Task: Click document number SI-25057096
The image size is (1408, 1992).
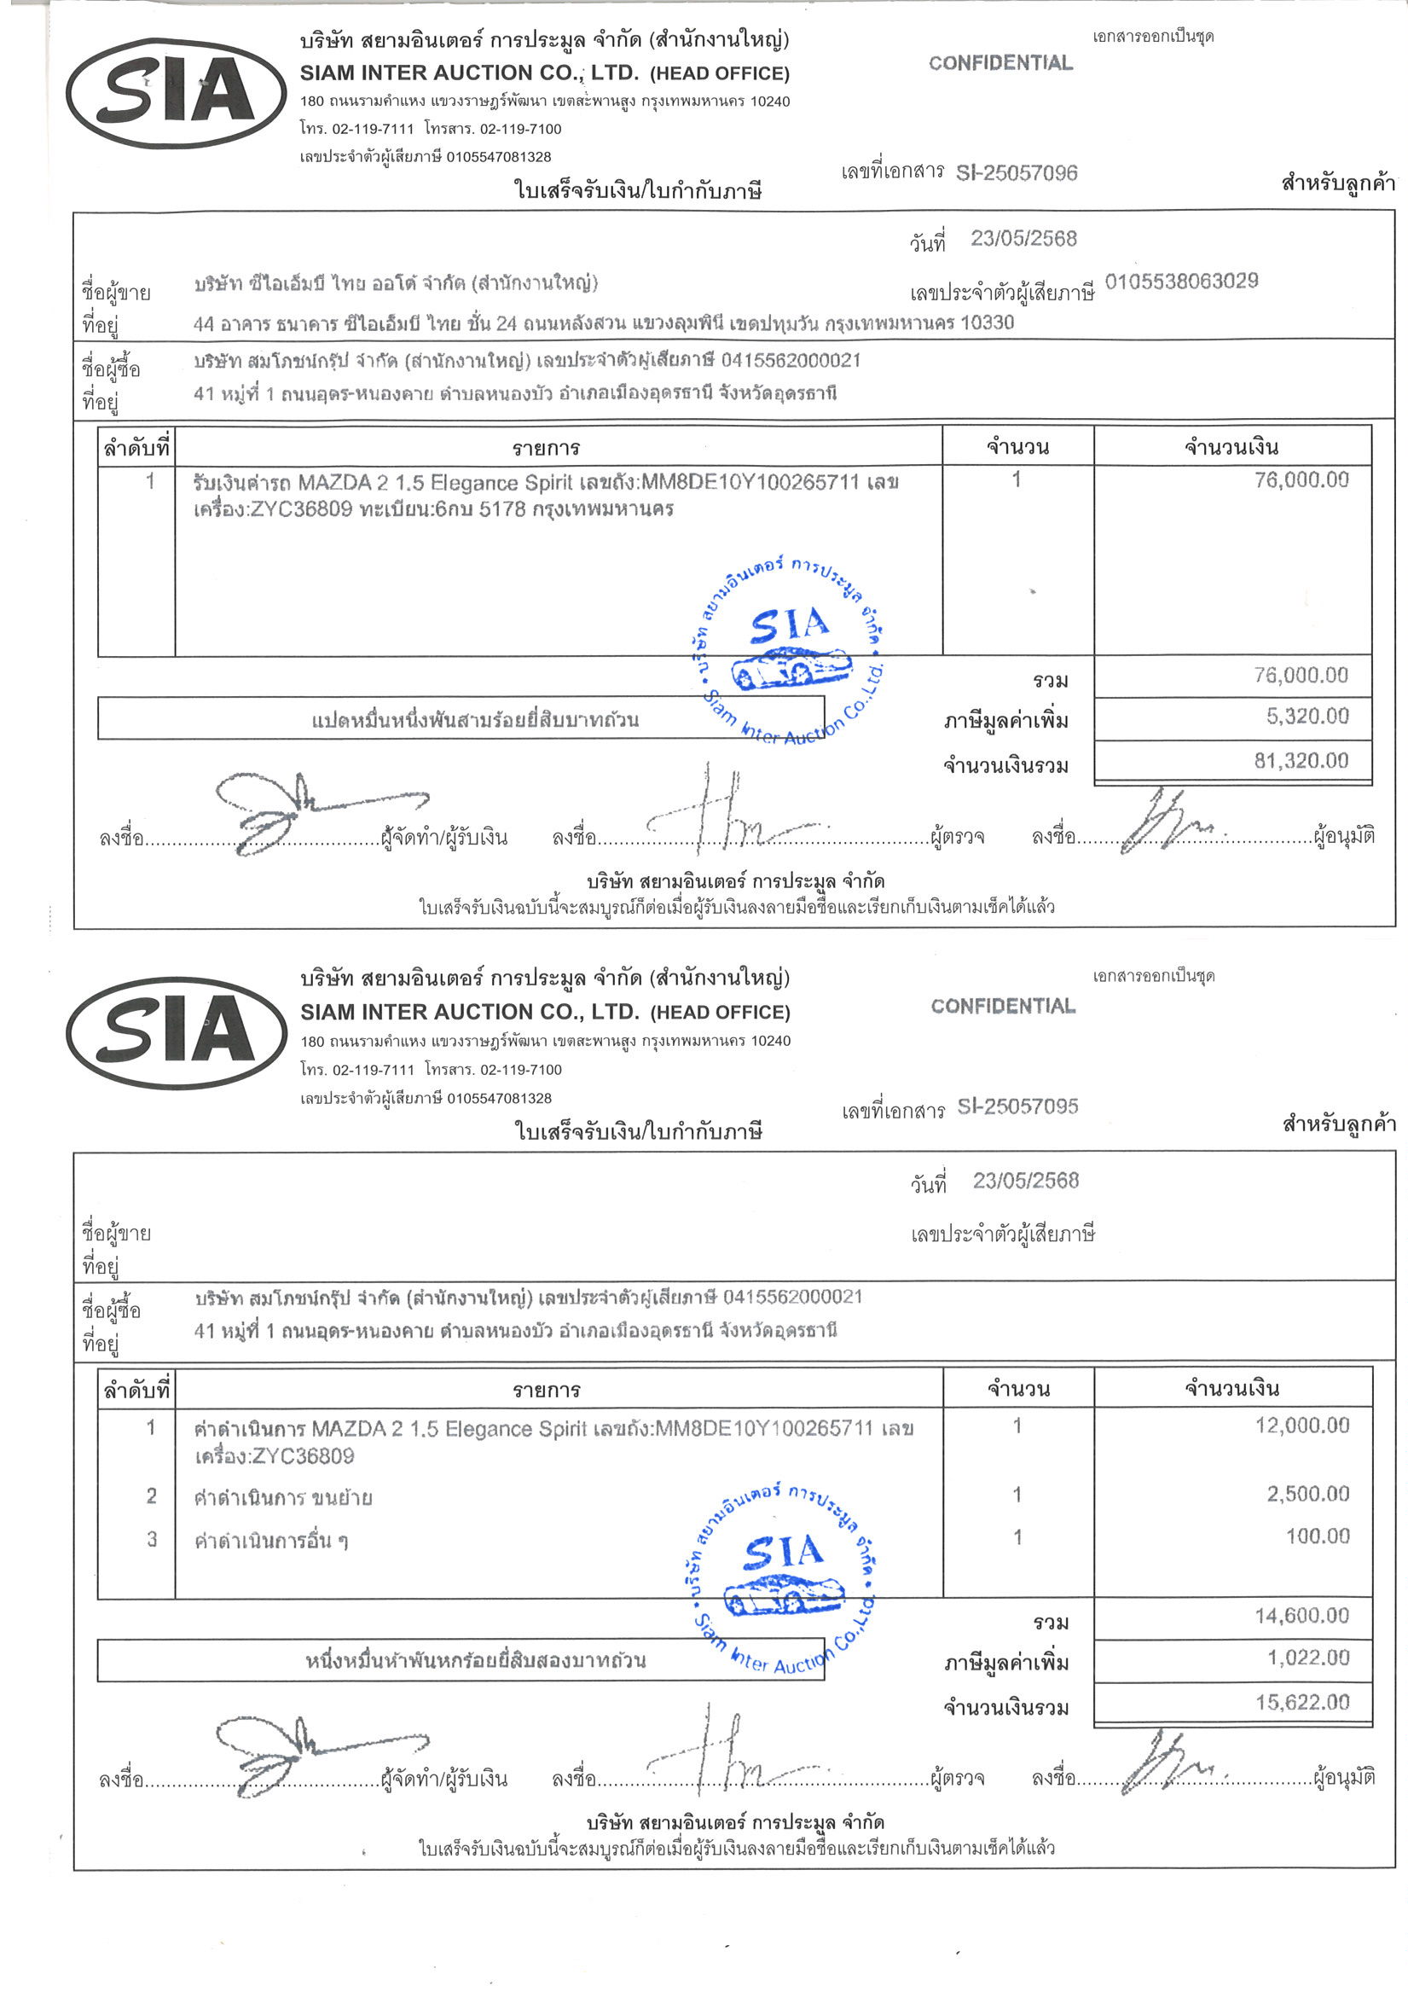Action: click(x=1016, y=173)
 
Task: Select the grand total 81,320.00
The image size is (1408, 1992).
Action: click(x=1301, y=761)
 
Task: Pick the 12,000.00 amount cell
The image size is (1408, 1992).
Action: click(x=1301, y=1425)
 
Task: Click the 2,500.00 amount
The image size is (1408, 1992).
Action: click(x=1307, y=1493)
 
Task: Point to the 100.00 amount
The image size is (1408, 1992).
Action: click(x=1317, y=1536)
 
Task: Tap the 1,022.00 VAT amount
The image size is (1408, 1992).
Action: click(x=1307, y=1658)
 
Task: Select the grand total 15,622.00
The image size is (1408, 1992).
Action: click(x=1302, y=1702)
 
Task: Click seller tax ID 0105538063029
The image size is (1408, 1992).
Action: click(x=1180, y=282)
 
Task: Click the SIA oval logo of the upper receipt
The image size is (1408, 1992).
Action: click(x=177, y=93)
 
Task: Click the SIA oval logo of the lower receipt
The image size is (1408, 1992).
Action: click(x=177, y=1031)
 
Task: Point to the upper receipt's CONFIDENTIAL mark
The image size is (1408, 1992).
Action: click(x=1000, y=63)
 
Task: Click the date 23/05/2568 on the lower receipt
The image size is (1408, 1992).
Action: click(x=1025, y=1180)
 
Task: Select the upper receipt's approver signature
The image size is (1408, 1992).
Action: click(x=1167, y=820)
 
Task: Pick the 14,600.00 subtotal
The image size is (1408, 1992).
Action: click(x=1301, y=1616)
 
